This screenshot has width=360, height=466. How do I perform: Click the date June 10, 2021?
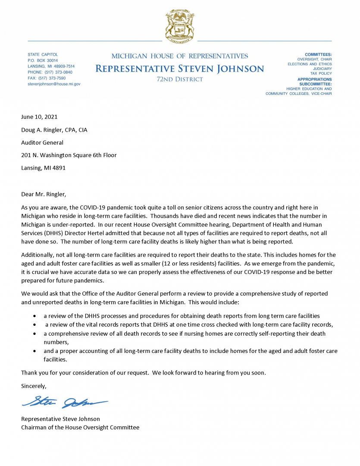click(39, 116)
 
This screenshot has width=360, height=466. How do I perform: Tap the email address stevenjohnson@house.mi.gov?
click(54, 84)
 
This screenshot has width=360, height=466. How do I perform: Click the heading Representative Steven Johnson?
click(179, 69)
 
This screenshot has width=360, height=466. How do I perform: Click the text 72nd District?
click(180, 79)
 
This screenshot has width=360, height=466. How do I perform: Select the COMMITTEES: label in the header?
click(318, 54)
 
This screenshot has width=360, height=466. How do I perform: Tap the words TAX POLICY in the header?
click(320, 74)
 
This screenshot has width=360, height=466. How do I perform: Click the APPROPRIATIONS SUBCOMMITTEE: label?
click(315, 82)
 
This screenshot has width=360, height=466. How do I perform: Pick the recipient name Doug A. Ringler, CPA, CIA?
click(54, 129)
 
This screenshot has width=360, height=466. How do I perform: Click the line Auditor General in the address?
click(42, 142)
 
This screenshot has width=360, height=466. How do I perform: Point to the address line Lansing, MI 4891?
click(44, 168)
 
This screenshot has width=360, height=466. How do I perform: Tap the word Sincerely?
click(34, 386)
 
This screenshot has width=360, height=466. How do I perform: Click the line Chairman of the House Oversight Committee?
click(80, 427)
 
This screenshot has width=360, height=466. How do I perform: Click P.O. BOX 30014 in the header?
click(43, 60)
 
